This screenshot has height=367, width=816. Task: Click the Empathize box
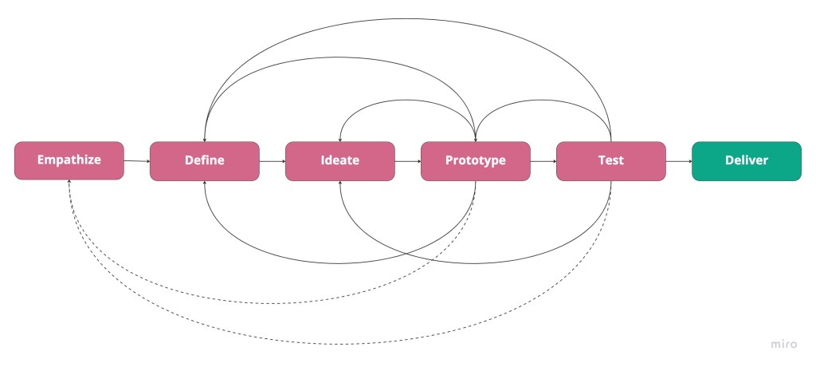(69, 160)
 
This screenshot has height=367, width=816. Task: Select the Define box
(205, 160)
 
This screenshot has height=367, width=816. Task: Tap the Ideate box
(340, 160)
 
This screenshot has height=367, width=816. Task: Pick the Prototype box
(476, 160)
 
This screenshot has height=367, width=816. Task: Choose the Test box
(611, 160)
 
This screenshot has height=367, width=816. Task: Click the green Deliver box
(747, 160)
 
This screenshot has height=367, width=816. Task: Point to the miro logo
(784, 344)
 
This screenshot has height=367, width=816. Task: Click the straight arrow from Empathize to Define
(137, 160)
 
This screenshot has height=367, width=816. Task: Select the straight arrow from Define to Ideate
(273, 160)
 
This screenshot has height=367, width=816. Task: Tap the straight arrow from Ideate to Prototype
(408, 160)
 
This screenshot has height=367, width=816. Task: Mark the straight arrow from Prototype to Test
(543, 160)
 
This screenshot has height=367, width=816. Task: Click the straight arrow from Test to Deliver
(679, 160)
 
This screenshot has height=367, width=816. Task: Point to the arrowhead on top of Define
(205, 139)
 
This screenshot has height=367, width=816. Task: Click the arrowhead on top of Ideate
(340, 139)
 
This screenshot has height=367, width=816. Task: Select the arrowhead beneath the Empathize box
(69, 183)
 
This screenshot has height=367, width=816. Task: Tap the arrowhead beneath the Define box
(205, 183)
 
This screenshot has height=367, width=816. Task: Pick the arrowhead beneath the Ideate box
(340, 183)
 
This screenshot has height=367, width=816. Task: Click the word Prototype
(476, 160)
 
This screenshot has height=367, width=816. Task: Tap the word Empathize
(69, 160)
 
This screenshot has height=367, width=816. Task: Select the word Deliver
(747, 160)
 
